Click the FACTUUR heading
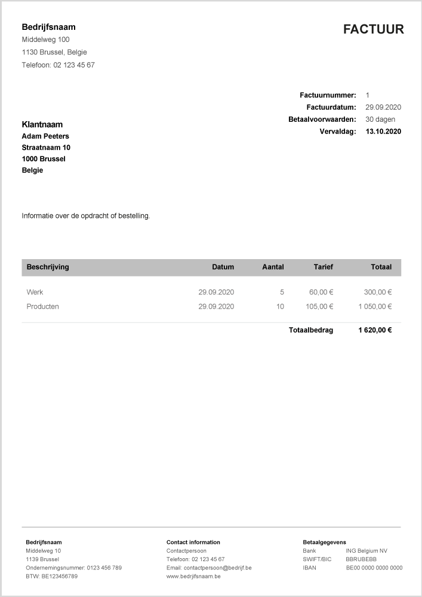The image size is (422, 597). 373,29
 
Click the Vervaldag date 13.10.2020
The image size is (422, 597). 383,131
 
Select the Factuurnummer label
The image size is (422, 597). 328,95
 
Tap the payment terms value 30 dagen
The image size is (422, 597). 380,119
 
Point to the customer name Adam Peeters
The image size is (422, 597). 45,136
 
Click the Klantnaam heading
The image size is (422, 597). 42,125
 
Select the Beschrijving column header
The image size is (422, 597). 48,267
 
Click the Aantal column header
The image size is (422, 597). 273,267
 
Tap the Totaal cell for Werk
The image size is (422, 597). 377,293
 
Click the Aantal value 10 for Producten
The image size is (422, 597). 280,306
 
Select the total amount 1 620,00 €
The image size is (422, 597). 375,330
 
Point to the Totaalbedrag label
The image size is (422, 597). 311,330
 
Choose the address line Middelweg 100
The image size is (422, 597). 45,39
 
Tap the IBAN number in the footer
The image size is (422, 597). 374,568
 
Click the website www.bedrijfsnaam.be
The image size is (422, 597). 193,576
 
